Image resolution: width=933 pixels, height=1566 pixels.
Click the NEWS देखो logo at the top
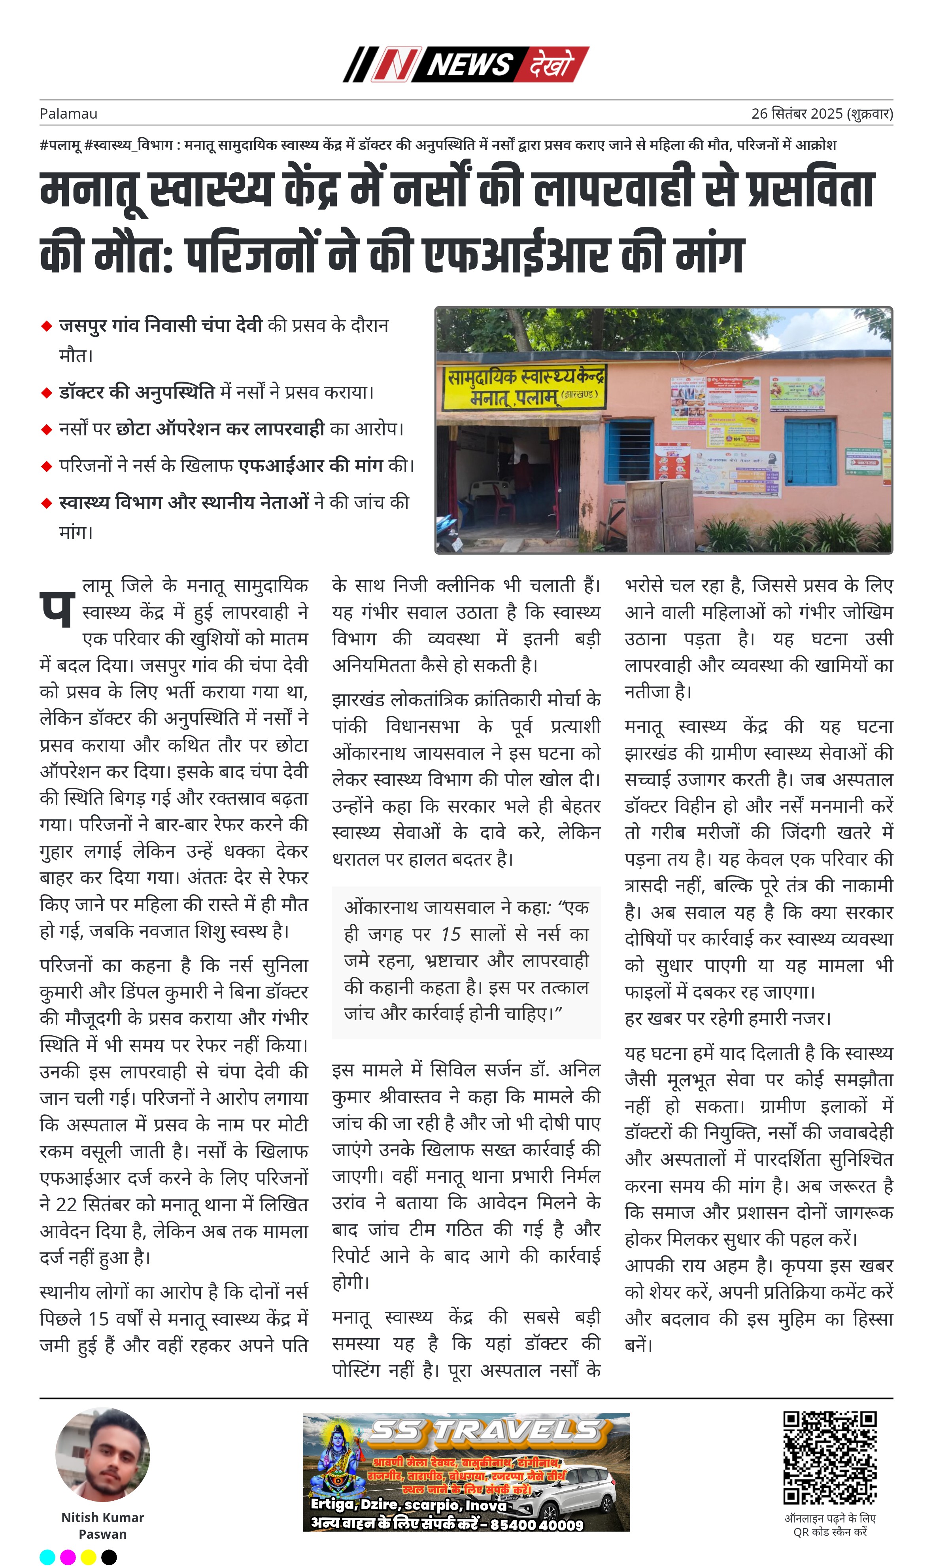[x=466, y=64]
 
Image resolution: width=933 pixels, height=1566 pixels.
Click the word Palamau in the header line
[x=68, y=114]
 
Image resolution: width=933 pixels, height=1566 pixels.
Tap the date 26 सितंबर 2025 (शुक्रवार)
[x=822, y=114]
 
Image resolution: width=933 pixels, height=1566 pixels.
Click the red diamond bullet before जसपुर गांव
[x=46, y=326]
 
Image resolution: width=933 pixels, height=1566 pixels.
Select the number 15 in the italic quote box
[x=451, y=934]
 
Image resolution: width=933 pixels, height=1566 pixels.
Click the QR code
[x=829, y=1458]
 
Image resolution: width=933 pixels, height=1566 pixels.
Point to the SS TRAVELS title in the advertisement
[x=484, y=1431]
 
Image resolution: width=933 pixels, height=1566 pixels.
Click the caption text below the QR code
[x=829, y=1525]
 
